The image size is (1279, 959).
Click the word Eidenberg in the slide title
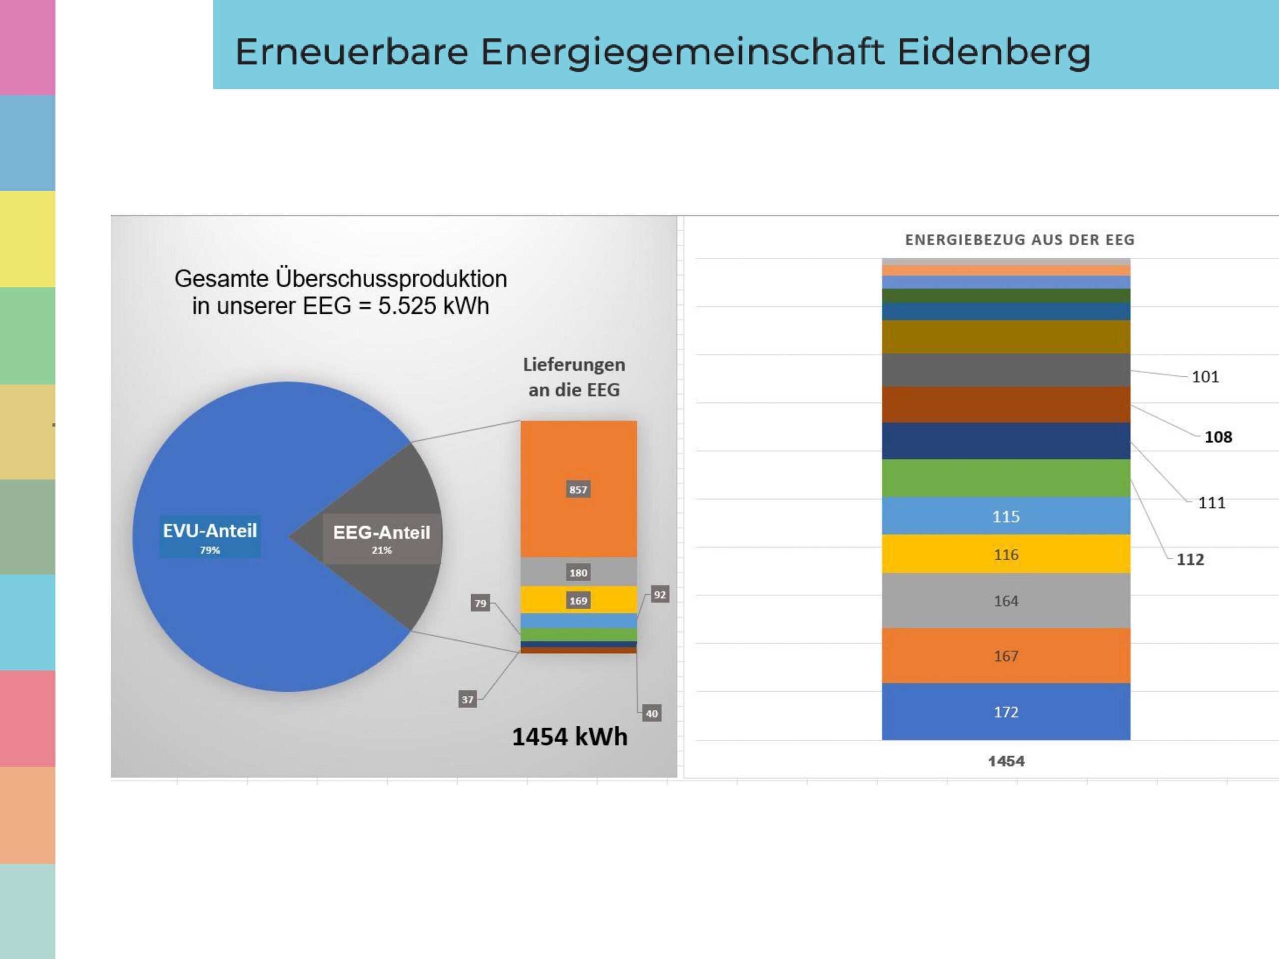coord(993,52)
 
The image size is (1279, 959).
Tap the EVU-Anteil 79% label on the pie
coord(210,536)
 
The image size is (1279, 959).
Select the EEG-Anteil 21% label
coord(382,538)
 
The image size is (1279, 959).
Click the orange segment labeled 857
coord(578,489)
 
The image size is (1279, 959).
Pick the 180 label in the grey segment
coord(578,573)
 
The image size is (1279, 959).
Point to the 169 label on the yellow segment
coord(578,600)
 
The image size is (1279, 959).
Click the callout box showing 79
coord(481,603)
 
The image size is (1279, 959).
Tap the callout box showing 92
coord(660,594)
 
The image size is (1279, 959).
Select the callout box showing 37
coord(467,699)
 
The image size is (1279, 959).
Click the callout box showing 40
coord(651,713)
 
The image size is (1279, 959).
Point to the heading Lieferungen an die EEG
coord(574,377)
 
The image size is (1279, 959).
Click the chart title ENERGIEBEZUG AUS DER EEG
coord(1019,240)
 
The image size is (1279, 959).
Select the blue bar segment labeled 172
coord(1006,712)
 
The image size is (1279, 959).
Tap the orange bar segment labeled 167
coord(1006,656)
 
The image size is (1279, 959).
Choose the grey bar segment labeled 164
coord(1006,600)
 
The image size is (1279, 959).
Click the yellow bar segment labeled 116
coord(1006,554)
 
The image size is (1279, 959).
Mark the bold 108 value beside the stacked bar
coord(1218,437)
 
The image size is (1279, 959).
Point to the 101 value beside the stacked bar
coord(1205,377)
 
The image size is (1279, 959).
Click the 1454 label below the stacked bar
coord(1006,761)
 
